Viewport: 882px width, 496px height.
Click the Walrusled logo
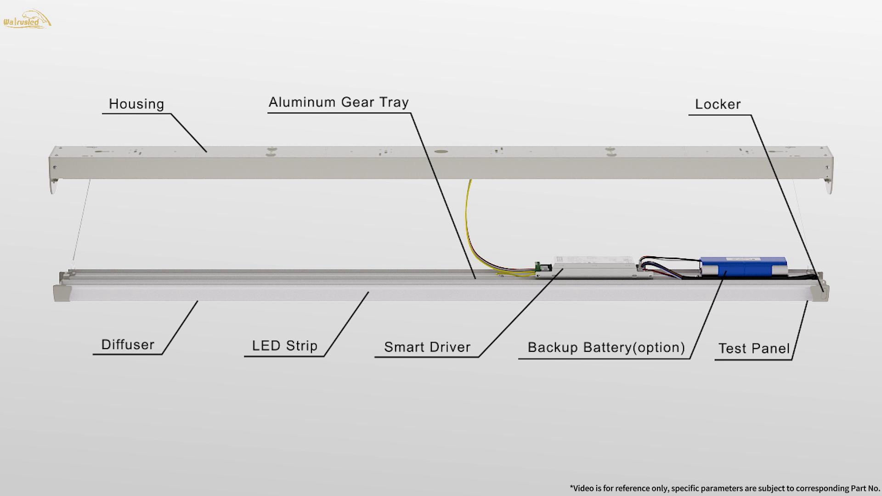27,20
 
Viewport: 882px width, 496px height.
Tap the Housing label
136,104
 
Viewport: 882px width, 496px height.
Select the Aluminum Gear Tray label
339,102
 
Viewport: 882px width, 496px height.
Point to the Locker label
718,105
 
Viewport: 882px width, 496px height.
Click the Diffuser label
128,345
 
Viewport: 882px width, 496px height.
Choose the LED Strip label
284,346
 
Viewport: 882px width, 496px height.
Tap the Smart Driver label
427,347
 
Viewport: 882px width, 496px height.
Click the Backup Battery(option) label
606,348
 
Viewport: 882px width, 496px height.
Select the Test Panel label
754,349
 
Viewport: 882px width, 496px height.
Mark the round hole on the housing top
441,151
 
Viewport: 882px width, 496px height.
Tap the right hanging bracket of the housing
828,186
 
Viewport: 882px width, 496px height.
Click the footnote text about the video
724,488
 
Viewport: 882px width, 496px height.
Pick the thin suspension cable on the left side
81,220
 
